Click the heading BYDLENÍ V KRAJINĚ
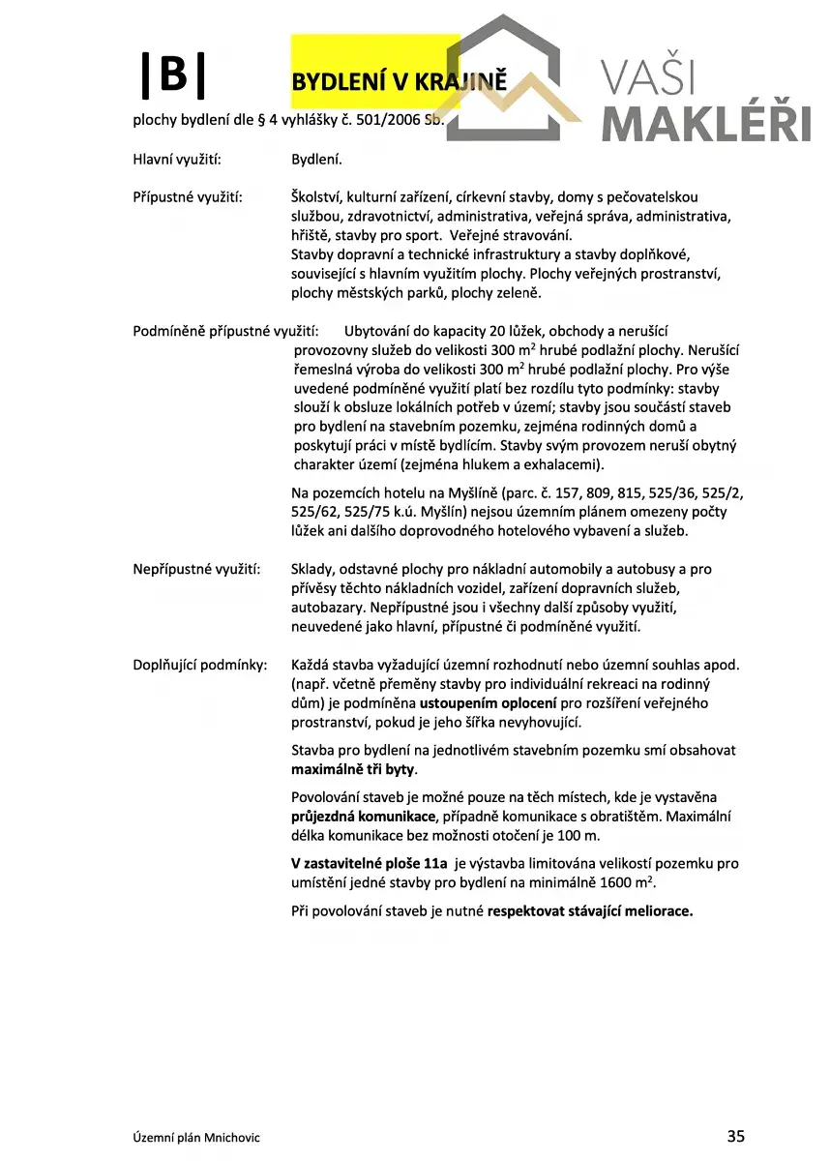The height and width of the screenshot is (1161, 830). [x=399, y=83]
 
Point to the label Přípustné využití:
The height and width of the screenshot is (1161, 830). [x=188, y=196]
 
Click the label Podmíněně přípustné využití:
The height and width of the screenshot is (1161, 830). [x=225, y=332]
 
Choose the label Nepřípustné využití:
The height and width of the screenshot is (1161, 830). [x=196, y=569]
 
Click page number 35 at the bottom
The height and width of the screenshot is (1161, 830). [x=736, y=1136]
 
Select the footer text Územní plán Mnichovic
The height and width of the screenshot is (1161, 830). [x=196, y=1138]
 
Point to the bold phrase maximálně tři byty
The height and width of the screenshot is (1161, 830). [x=352, y=769]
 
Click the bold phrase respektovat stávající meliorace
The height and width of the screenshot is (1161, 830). [x=590, y=910]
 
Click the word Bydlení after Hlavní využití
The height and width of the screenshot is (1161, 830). [x=316, y=159]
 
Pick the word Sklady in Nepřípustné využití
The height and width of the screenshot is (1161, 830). [x=312, y=569]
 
